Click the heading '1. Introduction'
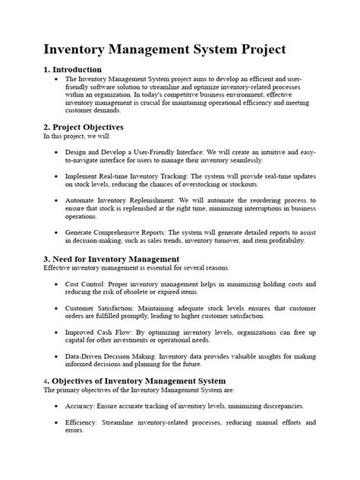[78, 70]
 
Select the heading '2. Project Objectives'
[84, 127]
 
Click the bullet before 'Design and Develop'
[55, 152]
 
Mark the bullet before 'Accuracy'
[55, 406]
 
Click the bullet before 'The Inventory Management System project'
[55, 79]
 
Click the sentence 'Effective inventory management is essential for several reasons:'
[134, 268]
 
